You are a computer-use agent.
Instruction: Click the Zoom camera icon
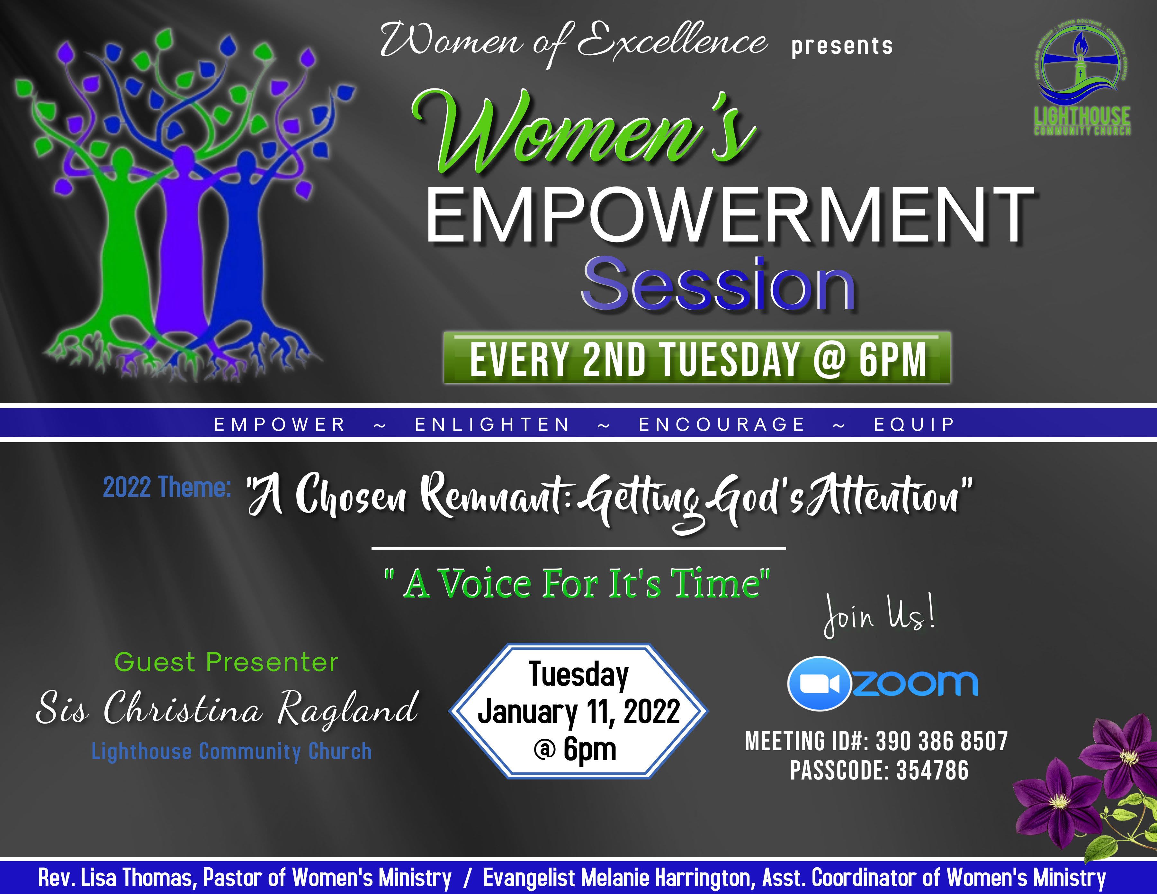point(819,684)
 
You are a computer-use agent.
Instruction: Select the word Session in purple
point(718,285)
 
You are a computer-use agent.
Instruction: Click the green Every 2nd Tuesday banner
point(697,359)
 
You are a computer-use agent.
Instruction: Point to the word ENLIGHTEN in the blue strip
point(492,424)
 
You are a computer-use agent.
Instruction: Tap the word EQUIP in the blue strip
point(914,424)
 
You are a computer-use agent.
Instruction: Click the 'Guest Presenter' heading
point(227,662)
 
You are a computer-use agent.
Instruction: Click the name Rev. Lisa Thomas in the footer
point(115,878)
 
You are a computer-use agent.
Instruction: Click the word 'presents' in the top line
point(842,46)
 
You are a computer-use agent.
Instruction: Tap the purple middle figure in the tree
point(182,249)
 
